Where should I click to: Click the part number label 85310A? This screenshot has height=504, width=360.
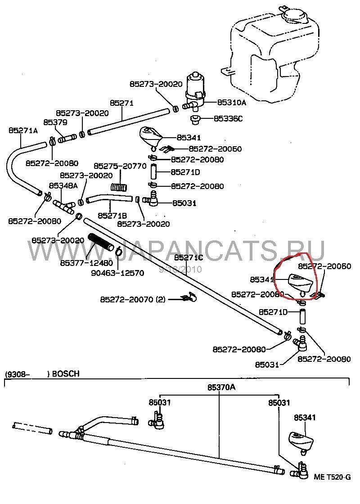pyautogui.click(x=232, y=103)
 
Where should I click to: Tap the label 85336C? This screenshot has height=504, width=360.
pyautogui.click(x=228, y=119)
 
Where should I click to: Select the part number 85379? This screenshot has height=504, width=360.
pyautogui.click(x=55, y=122)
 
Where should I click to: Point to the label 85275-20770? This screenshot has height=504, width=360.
pyautogui.click(x=120, y=166)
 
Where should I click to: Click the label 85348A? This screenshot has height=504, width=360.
pyautogui.click(x=63, y=185)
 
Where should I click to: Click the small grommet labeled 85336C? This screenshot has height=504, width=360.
pyautogui.click(x=196, y=120)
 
